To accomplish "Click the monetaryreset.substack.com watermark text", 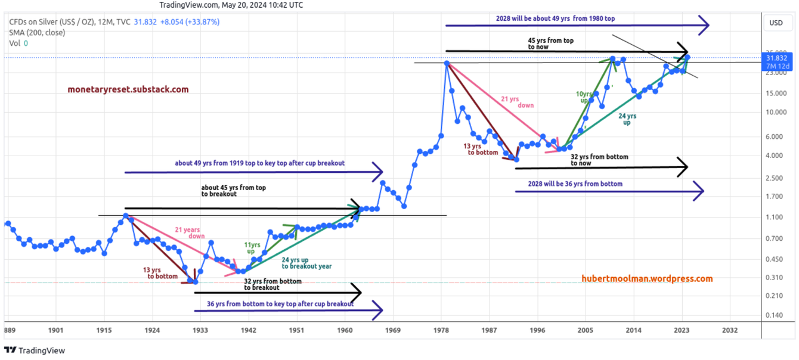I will point(128,89).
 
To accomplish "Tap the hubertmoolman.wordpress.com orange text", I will point(647,278).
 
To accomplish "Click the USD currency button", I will point(776,23).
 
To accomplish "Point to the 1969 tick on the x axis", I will point(391,330).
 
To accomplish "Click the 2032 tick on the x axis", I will point(729,330).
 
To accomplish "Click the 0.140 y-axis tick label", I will point(774,315).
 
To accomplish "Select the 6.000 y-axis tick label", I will point(774,136).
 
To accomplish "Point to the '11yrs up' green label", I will point(253,248).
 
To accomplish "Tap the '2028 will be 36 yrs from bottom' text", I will point(575,184).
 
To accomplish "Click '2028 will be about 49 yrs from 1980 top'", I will point(555,18).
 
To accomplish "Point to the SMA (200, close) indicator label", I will point(37,33).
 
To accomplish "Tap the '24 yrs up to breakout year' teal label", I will point(306,263).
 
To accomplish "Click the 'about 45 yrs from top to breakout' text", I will point(233,191).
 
